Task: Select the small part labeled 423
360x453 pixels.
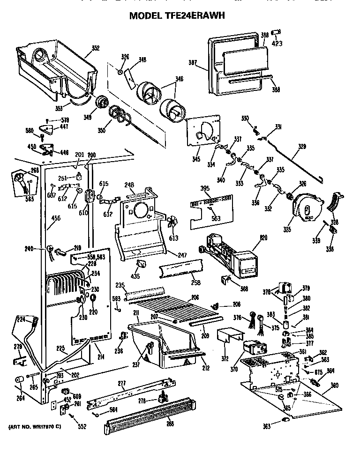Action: click(x=277, y=32)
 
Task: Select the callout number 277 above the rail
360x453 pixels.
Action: click(x=121, y=384)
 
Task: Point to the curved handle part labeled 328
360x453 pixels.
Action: click(x=337, y=201)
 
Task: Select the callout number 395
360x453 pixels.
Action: click(x=205, y=188)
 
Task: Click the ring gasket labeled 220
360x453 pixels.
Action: click(x=92, y=298)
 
